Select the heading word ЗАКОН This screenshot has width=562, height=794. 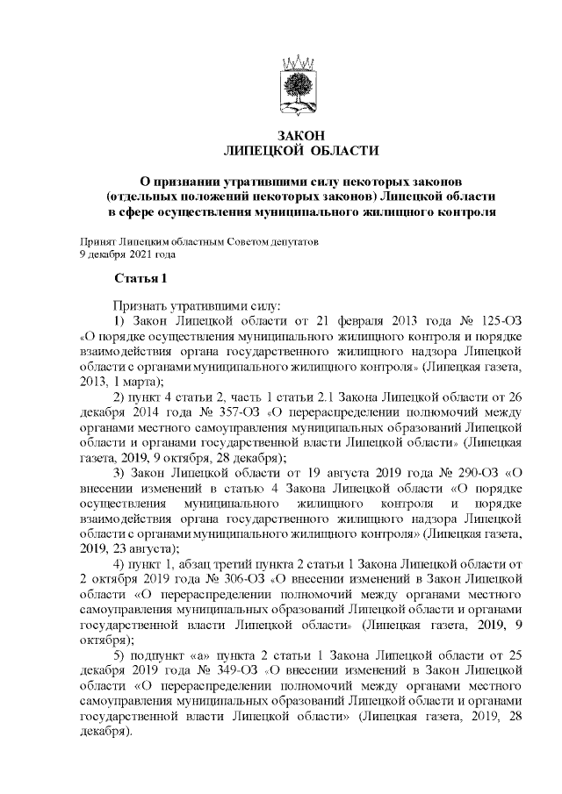(x=301, y=136)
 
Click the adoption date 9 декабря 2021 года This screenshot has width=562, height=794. (x=127, y=254)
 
